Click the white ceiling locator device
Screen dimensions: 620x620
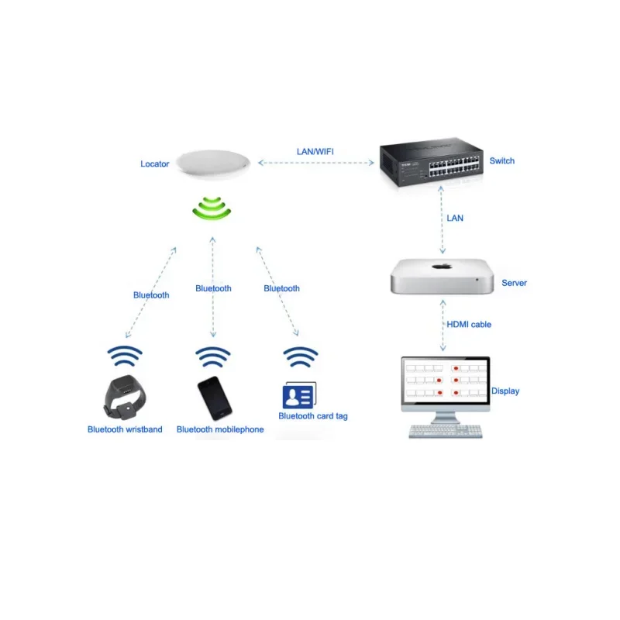pos(213,164)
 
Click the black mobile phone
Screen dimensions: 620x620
pos(214,398)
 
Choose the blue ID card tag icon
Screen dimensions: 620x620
pos(298,395)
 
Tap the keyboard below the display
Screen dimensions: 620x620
pos(445,432)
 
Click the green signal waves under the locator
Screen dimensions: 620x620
pos(213,208)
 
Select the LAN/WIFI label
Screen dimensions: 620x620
pos(315,151)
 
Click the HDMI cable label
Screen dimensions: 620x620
pos(469,325)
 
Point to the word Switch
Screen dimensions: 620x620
pos(501,161)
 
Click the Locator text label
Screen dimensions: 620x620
pos(154,164)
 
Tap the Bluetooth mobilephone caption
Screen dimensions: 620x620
pos(220,429)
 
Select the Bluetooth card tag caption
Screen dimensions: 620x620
pos(313,416)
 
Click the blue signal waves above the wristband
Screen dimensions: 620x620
pos(125,356)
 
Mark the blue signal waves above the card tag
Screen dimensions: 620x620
pos(301,357)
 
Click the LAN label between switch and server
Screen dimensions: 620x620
pos(455,219)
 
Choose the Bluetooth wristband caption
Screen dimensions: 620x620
pos(125,429)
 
